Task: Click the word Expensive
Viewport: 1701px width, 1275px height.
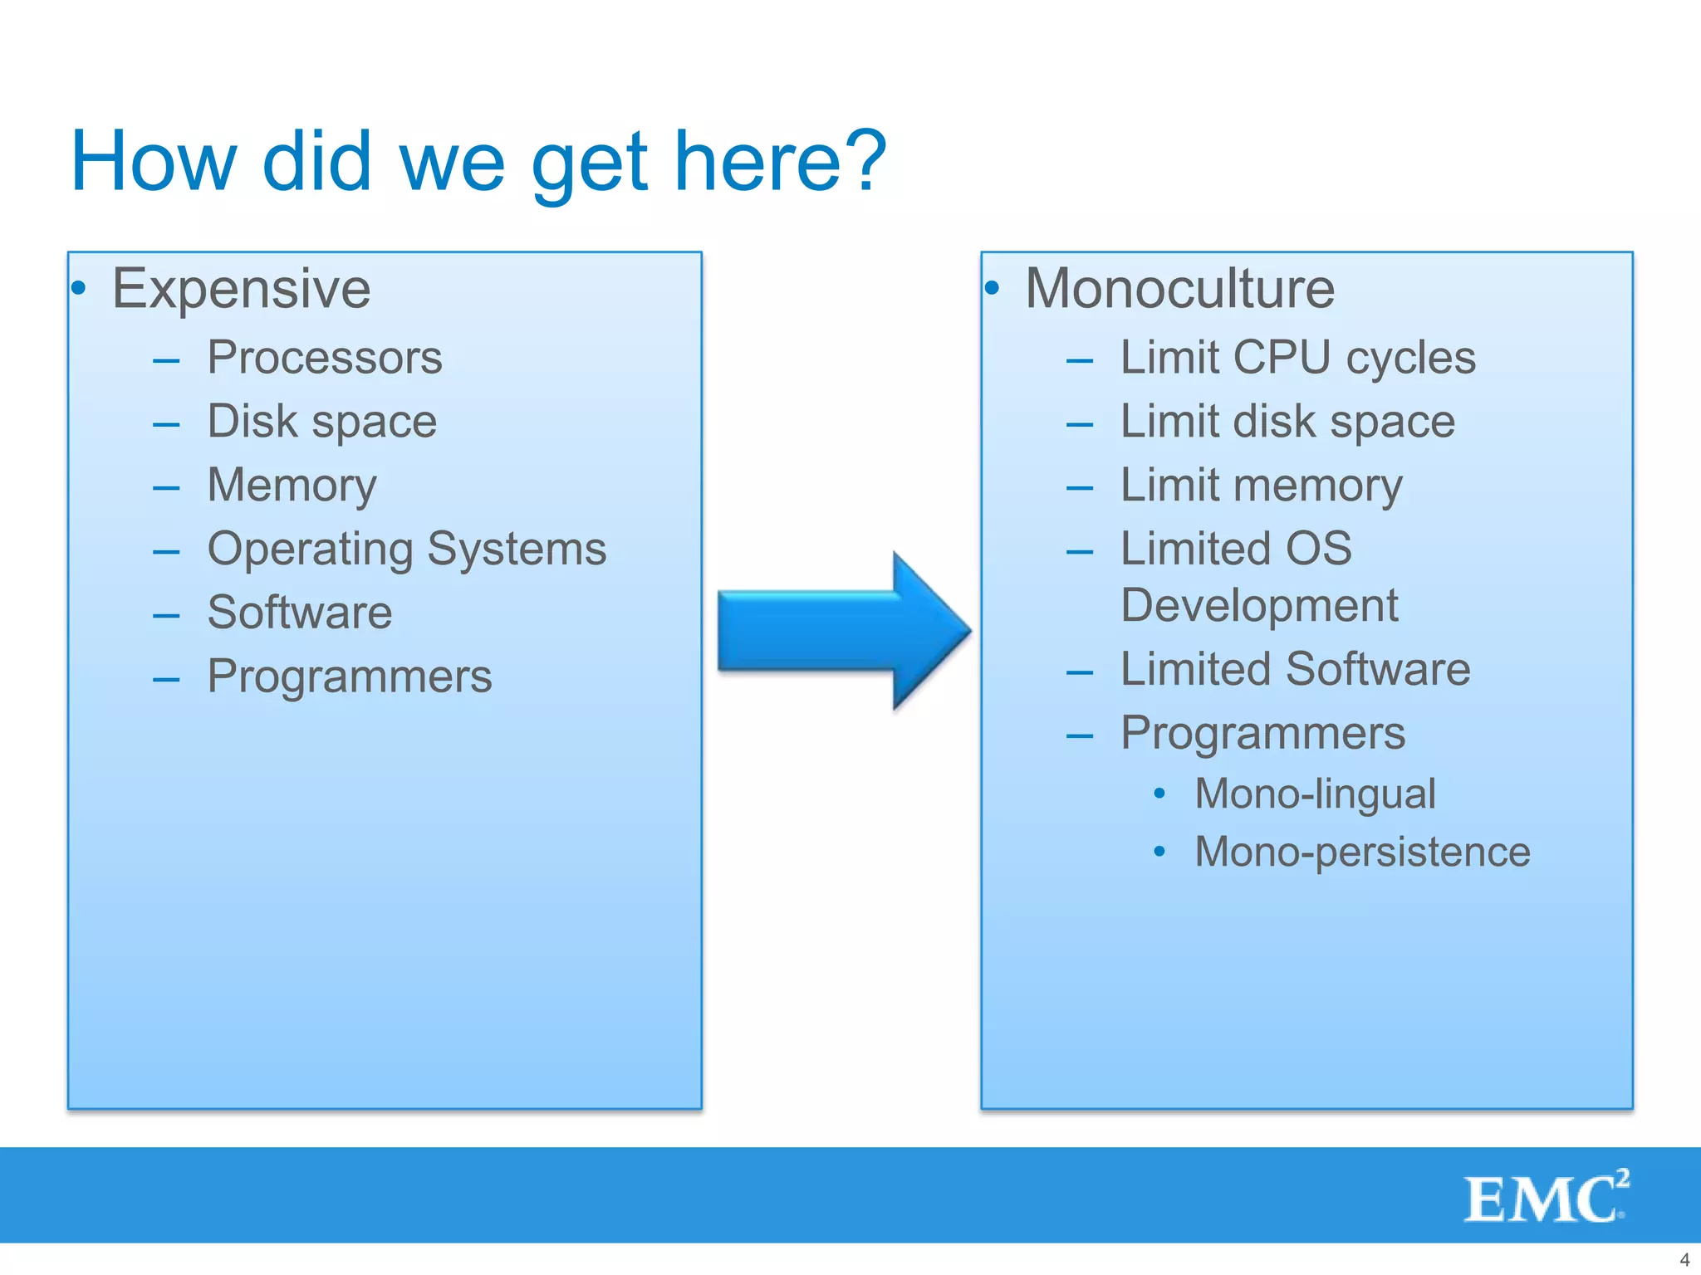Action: click(x=241, y=289)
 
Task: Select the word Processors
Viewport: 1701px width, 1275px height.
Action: click(x=324, y=358)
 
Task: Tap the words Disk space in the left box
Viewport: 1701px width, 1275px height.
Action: click(x=321, y=422)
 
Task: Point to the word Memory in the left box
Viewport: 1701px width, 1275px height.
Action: click(x=292, y=485)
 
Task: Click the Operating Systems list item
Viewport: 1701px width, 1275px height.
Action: click(x=406, y=549)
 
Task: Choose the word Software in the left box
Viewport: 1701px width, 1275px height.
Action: click(x=299, y=613)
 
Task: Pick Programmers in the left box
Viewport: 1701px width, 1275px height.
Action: click(x=349, y=676)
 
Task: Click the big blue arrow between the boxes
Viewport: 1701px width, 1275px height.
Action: click(x=839, y=631)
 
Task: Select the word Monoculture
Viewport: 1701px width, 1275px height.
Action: click(x=1179, y=289)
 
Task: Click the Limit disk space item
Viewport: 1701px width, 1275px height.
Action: click(x=1287, y=422)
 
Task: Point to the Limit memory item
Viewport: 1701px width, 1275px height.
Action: click(x=1261, y=485)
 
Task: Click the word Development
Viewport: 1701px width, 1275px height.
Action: click(x=1259, y=605)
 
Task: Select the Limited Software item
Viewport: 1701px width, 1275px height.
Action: click(x=1295, y=669)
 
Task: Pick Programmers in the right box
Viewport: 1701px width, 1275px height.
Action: click(x=1262, y=733)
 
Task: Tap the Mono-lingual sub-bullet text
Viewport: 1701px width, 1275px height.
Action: click(x=1315, y=794)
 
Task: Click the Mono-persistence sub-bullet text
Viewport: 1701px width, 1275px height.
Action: click(x=1362, y=852)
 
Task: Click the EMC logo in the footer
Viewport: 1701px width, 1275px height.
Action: click(x=1545, y=1197)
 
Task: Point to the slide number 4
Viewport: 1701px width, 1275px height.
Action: click(x=1684, y=1259)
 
